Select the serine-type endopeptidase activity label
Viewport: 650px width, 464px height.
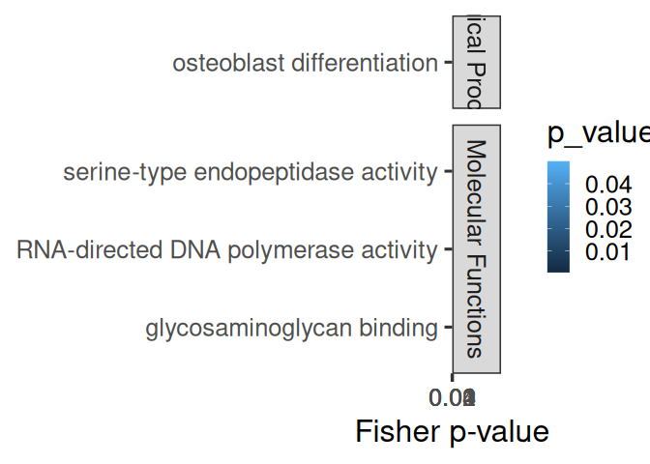(250, 173)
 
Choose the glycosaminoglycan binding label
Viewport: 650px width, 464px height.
(291, 329)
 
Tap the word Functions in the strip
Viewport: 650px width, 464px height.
(475, 305)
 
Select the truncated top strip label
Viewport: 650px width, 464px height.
(476, 61)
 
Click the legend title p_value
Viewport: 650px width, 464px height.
(598, 133)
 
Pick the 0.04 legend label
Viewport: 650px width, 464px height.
(606, 185)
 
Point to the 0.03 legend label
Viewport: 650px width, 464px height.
(606, 207)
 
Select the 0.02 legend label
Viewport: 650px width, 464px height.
(606, 230)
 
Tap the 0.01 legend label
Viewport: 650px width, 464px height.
(606, 253)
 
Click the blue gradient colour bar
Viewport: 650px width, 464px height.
(558, 217)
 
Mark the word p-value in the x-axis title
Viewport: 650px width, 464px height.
(497, 431)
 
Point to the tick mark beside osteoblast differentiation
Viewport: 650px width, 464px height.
(447, 64)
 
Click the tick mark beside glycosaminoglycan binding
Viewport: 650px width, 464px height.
(447, 329)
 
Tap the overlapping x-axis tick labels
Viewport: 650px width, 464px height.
(454, 396)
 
